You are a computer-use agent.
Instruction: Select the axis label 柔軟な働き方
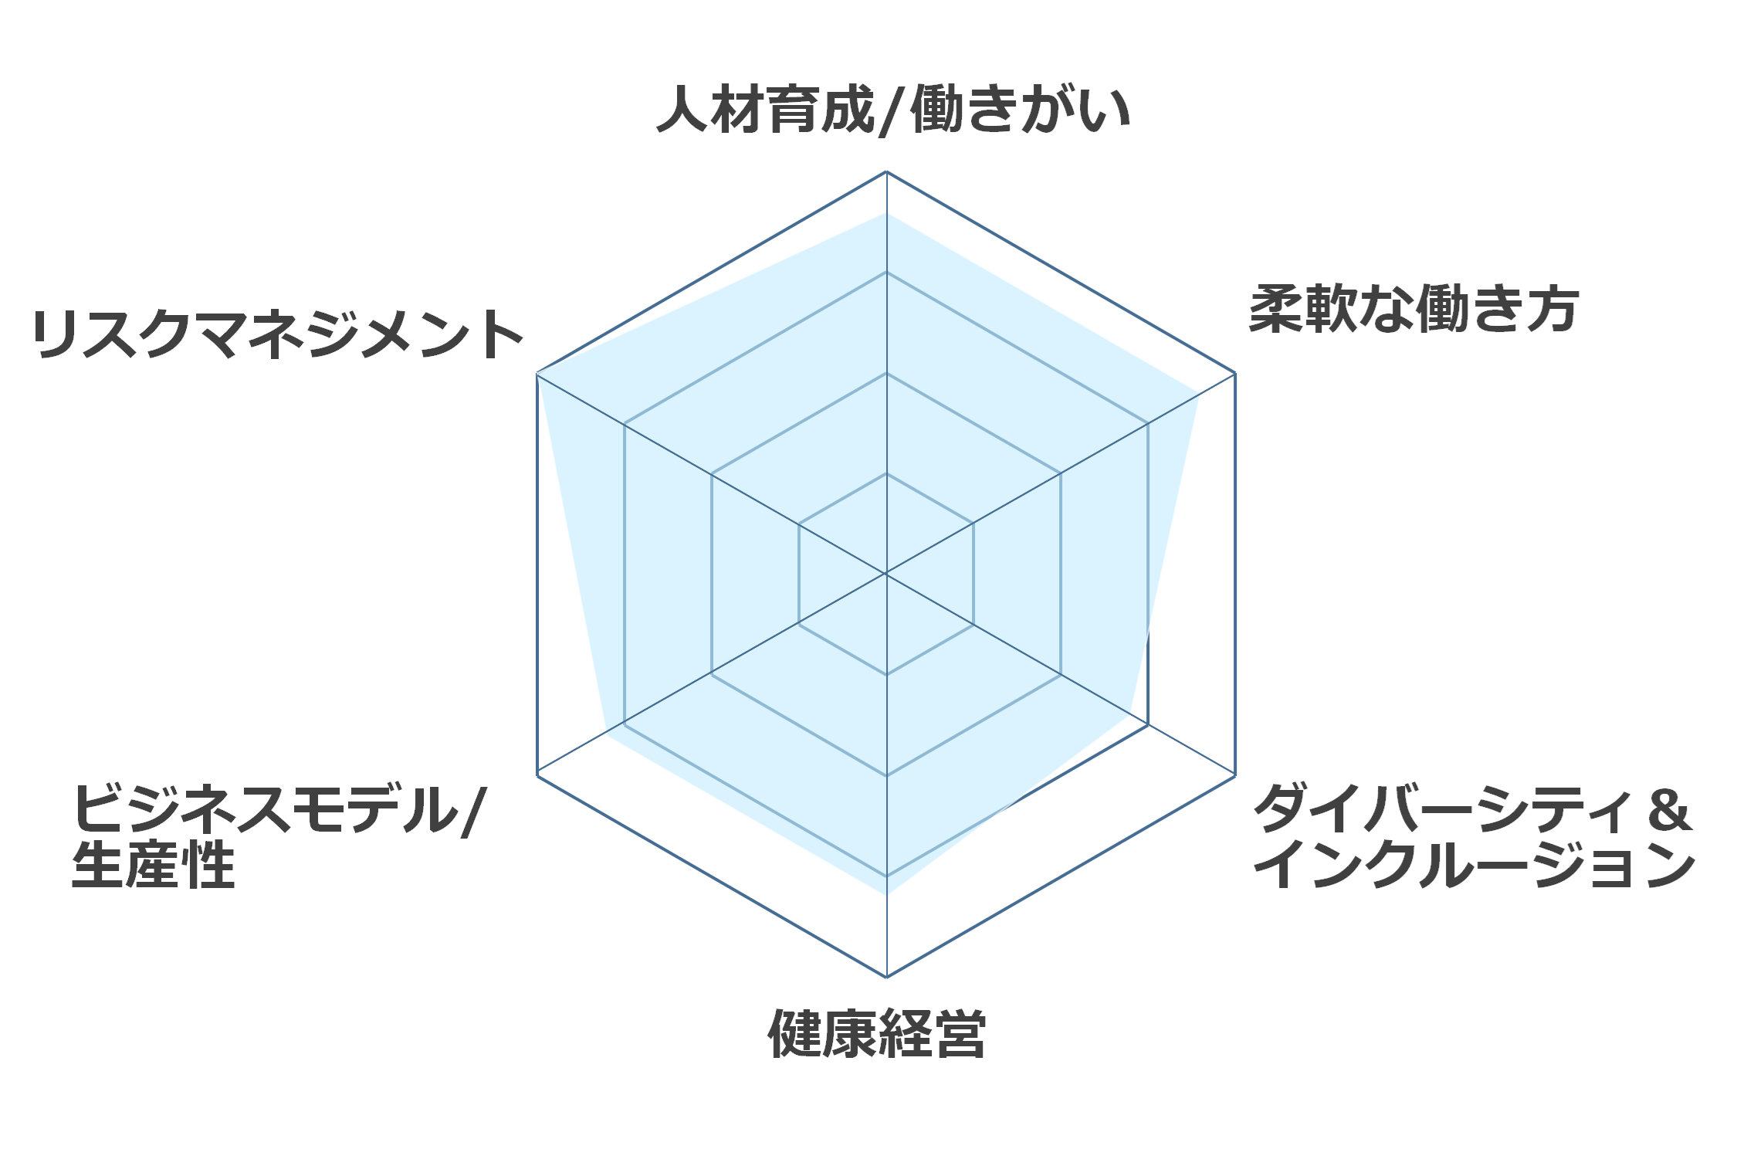coord(1414,309)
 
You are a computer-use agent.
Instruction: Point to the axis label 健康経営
coord(877,1033)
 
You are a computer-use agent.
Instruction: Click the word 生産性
coord(153,864)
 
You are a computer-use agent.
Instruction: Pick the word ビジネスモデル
coord(266,808)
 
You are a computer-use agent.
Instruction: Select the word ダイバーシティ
coord(1442,808)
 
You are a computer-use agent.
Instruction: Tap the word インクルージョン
coord(1475,864)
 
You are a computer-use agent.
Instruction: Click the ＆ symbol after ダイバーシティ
coord(1668,809)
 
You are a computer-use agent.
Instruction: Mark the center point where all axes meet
coord(886,574)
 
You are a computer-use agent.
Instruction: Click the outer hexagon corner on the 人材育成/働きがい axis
coord(886,171)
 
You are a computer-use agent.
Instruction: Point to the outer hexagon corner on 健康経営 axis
coord(886,977)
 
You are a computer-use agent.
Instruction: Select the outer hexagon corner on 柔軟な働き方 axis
coord(1235,373)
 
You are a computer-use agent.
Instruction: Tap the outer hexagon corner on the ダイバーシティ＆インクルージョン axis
coord(1235,775)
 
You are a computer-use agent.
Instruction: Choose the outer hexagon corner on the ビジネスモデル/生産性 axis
coord(537,775)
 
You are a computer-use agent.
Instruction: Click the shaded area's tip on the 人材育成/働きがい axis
coord(886,212)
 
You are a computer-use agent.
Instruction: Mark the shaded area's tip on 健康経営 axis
coord(886,894)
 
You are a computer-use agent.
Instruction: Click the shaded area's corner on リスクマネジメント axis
coord(537,373)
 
